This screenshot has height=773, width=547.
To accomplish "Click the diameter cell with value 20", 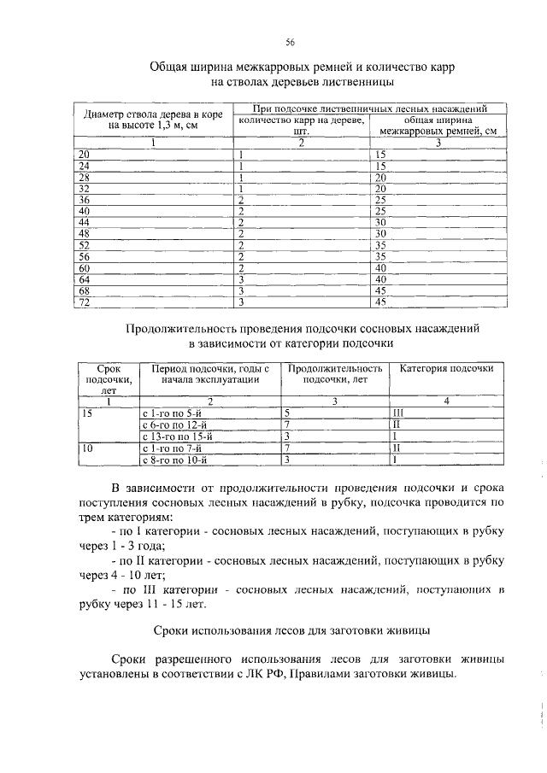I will coord(84,154).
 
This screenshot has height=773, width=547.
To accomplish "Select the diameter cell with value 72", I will coord(84,302).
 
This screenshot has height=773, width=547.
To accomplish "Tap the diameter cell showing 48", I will coord(84,233).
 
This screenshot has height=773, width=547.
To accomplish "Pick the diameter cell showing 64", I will coord(84,278).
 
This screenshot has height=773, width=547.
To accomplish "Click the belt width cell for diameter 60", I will coord(381,267).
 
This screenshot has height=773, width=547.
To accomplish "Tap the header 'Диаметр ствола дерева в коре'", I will coord(153,114).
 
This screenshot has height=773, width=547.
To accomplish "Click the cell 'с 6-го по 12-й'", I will coord(179,424).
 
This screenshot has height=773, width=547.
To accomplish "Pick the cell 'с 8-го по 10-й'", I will coord(179,460).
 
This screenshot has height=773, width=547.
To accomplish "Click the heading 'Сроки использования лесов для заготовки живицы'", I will coord(290,631).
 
